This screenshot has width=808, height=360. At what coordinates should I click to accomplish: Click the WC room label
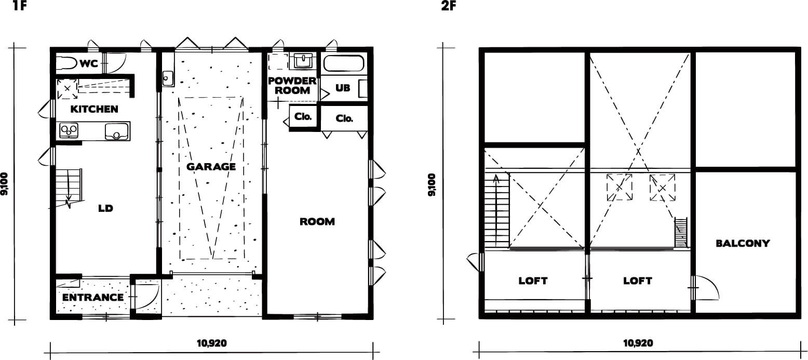[x=89, y=64]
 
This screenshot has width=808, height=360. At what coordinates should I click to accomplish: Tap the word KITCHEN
[x=94, y=109]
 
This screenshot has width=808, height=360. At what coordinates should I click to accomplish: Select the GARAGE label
[x=211, y=167]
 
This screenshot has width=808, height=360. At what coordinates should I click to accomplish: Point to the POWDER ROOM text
[x=292, y=86]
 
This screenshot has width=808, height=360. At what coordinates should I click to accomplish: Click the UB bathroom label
[x=343, y=88]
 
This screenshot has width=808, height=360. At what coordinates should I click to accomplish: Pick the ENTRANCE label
[x=93, y=298]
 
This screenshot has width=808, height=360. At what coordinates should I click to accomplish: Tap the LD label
[x=106, y=208]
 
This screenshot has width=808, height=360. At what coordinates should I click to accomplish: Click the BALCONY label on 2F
[x=743, y=244]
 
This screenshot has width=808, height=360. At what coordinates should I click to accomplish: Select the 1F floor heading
[x=20, y=6]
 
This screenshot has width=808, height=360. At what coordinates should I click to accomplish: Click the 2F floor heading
[x=449, y=6]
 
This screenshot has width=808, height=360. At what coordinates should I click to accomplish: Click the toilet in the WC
[x=66, y=64]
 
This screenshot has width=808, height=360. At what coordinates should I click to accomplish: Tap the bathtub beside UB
[x=344, y=63]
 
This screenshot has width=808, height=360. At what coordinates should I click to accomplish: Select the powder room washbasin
[x=303, y=61]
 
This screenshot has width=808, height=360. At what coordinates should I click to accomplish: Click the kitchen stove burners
[x=69, y=130]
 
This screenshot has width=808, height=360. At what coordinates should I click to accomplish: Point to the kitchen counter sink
[x=117, y=131]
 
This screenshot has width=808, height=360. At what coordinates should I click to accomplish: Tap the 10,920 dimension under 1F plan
[x=212, y=343]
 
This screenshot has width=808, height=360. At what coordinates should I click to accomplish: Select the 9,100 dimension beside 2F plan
[x=432, y=185]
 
